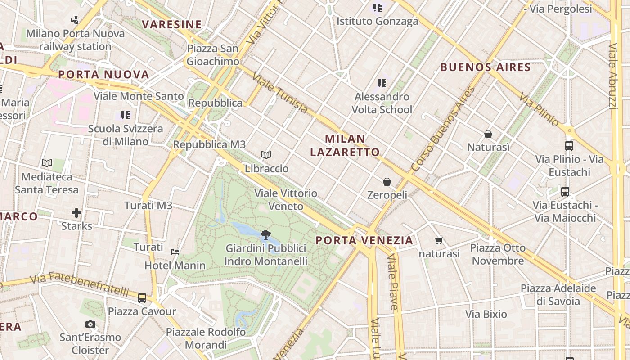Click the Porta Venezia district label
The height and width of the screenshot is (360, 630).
(364, 240)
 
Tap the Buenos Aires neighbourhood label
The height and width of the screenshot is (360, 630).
(485, 67)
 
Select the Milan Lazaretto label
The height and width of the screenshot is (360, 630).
(345, 145)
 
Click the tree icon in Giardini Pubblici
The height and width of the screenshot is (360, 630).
(265, 234)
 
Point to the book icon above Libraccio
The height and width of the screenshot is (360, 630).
(266, 155)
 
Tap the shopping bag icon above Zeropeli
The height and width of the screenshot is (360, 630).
(387, 182)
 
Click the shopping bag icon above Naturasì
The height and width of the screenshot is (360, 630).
(488, 134)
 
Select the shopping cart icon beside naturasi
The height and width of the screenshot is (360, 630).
(439, 241)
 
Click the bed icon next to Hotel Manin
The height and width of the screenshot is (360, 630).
(175, 252)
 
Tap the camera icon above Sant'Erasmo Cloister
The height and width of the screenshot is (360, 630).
(90, 324)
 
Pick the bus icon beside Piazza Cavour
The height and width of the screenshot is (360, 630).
(142, 297)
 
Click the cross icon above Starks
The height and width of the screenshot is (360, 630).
(76, 212)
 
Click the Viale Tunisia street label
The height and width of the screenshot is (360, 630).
(280, 93)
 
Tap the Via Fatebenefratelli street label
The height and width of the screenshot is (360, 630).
(79, 283)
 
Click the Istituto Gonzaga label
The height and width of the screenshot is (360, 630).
(378, 21)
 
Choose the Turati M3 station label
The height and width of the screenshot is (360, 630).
(148, 206)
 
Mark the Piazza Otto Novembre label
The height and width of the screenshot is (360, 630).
(498, 254)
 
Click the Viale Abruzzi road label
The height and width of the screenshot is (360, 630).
(612, 76)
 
